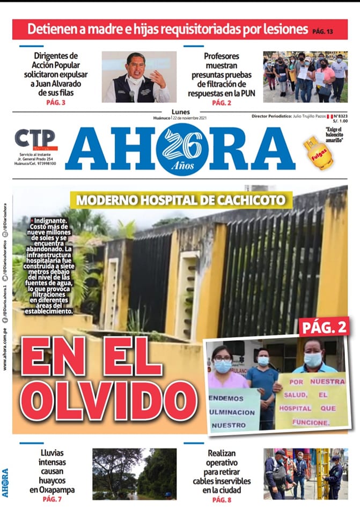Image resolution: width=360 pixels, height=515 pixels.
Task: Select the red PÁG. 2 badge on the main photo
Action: [x=324, y=326]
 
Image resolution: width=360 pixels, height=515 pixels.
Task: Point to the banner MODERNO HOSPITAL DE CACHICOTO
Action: [x=181, y=201]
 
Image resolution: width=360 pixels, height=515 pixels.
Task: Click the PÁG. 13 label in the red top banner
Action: [x=322, y=32]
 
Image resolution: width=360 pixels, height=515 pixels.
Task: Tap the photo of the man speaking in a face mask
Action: [x=139, y=77]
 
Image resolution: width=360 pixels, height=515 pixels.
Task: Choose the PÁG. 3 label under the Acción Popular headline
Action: [x=56, y=102]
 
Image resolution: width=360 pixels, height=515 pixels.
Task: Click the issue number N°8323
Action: [x=340, y=116]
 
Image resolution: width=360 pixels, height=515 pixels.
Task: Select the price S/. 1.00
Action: [x=340, y=122]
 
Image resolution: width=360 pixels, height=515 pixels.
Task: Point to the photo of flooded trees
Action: [x=134, y=474]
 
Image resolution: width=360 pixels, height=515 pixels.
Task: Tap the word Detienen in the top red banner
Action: [x=51, y=29]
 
